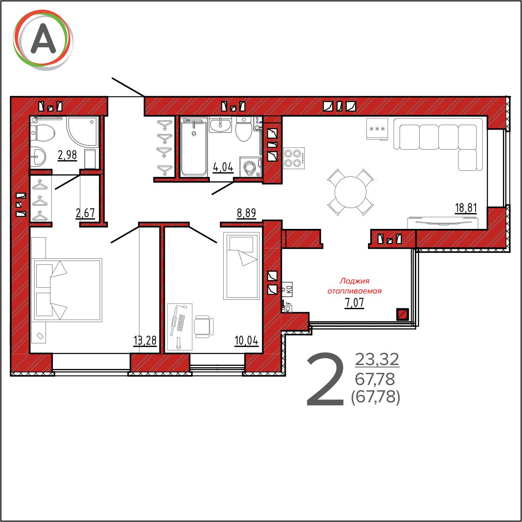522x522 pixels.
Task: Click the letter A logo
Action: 43,39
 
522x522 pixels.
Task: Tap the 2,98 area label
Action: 67,156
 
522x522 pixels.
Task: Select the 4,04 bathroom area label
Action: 223,167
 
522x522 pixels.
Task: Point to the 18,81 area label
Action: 466,208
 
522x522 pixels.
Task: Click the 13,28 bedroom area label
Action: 145,340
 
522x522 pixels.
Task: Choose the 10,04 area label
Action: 246,340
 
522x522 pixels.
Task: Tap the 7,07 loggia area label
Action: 354,303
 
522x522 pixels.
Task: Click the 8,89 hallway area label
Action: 246,213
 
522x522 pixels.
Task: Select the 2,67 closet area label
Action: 85,213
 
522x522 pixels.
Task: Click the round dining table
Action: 350,192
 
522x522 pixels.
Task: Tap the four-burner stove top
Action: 294,158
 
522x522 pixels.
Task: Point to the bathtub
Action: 193,147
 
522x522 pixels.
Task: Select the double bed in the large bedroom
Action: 67,290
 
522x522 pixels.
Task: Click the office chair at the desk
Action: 204,326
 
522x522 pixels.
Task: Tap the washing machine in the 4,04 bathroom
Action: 250,166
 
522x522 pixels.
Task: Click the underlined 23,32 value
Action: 377,360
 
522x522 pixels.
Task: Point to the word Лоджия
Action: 354,281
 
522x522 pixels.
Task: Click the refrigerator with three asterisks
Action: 377,129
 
